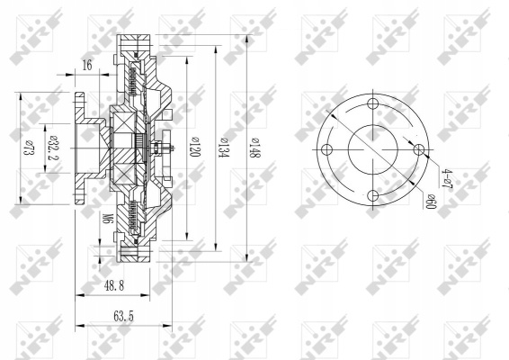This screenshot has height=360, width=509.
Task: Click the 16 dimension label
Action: [87, 65]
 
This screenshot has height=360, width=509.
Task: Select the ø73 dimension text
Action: [29, 148]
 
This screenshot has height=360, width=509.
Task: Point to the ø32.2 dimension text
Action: [52, 148]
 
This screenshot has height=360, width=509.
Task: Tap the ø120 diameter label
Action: [195, 147]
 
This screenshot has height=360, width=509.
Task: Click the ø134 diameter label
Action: [224, 148]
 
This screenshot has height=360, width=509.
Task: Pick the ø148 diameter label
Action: [255, 148]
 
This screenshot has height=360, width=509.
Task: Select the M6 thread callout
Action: [107, 219]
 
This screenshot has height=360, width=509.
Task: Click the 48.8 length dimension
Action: [114, 286]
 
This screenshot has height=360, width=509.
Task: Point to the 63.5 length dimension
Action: [123, 316]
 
